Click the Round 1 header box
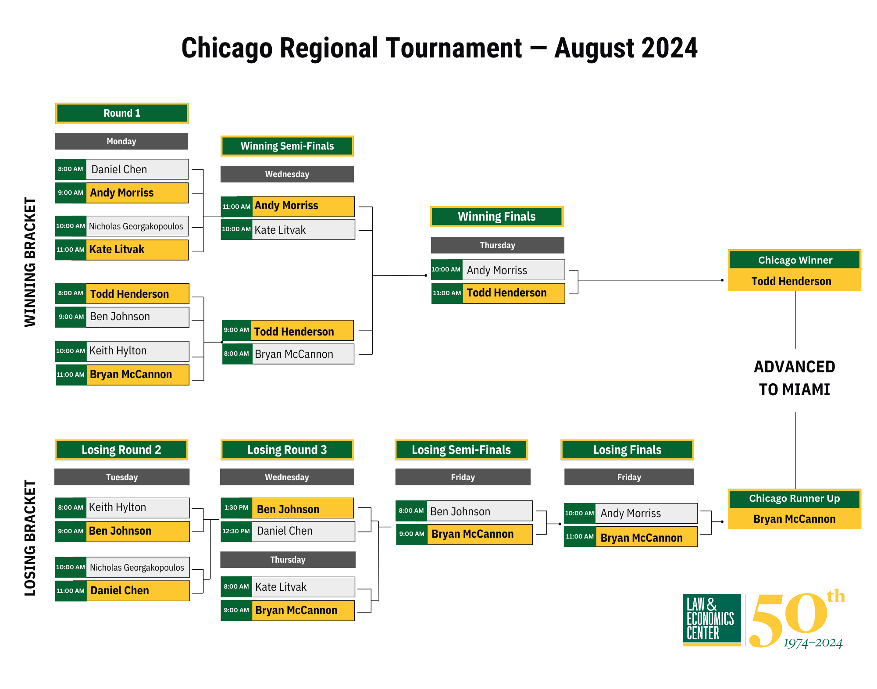pos(122,113)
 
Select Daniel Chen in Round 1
pos(119,169)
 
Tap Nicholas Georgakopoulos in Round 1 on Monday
pos(136,226)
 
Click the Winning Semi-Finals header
pos(287,146)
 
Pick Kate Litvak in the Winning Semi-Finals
pos(280,230)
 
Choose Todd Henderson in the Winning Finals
pos(506,293)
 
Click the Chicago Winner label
pos(795,260)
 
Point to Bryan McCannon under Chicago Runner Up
pos(795,519)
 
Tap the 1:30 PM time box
pos(236,508)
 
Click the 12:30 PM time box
pos(236,532)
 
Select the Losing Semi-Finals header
pos(461,450)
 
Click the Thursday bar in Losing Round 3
pos(288,560)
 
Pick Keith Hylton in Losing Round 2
pos(118,507)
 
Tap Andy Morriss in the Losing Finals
pos(631,514)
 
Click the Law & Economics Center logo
pos(712,620)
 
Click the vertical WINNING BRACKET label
pos(30,262)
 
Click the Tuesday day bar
pos(122,477)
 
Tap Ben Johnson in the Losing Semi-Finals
pos(460,511)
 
